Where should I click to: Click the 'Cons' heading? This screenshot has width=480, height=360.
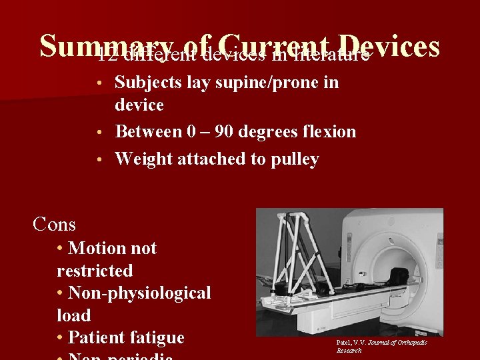coord(55,224)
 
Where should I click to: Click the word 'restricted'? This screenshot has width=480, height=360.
coord(95,271)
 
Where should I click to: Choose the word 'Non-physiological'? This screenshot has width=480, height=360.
coord(139,293)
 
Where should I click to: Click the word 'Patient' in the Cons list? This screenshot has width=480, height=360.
coord(99,337)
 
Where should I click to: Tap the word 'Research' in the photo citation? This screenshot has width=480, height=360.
coord(349,351)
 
